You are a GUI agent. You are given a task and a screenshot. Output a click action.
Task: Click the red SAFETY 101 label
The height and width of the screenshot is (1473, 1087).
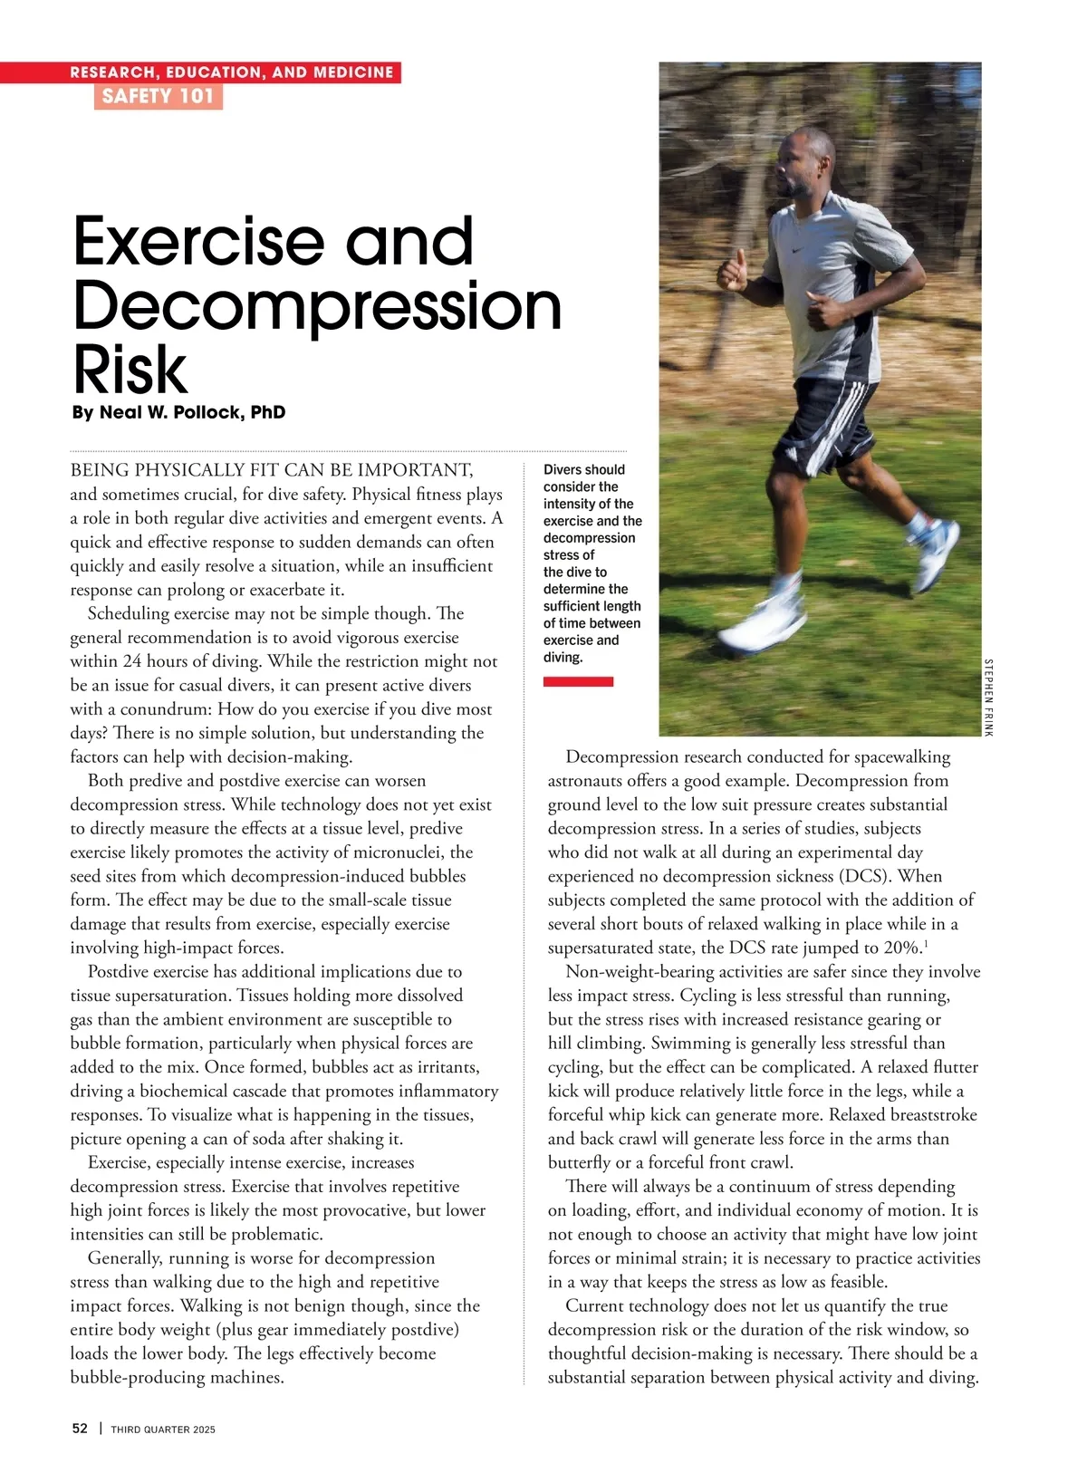pyautogui.click(x=158, y=97)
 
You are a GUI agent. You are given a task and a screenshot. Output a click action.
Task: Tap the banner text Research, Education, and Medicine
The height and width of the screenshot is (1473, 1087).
pyautogui.click(x=232, y=72)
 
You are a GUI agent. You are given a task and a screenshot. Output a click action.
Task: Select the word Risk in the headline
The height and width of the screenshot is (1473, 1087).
pyautogui.click(x=130, y=370)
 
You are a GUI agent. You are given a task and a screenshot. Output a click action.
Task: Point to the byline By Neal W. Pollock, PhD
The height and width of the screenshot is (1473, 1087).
pyautogui.click(x=178, y=413)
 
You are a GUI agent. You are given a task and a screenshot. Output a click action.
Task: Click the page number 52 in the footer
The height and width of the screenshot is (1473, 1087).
pyautogui.click(x=80, y=1429)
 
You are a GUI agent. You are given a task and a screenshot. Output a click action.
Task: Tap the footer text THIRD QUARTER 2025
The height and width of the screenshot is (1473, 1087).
pyautogui.click(x=163, y=1430)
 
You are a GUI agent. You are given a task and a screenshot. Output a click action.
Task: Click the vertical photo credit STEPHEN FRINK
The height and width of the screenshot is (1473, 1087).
pyautogui.click(x=987, y=697)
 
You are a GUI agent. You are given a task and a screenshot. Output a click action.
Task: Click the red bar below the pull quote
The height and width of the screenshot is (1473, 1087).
pyautogui.click(x=578, y=681)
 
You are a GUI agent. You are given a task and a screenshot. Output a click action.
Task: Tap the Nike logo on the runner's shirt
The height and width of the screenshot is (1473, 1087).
pyautogui.click(x=798, y=249)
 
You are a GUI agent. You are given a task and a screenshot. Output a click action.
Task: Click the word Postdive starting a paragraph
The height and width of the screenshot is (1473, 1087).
pyautogui.click(x=121, y=971)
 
